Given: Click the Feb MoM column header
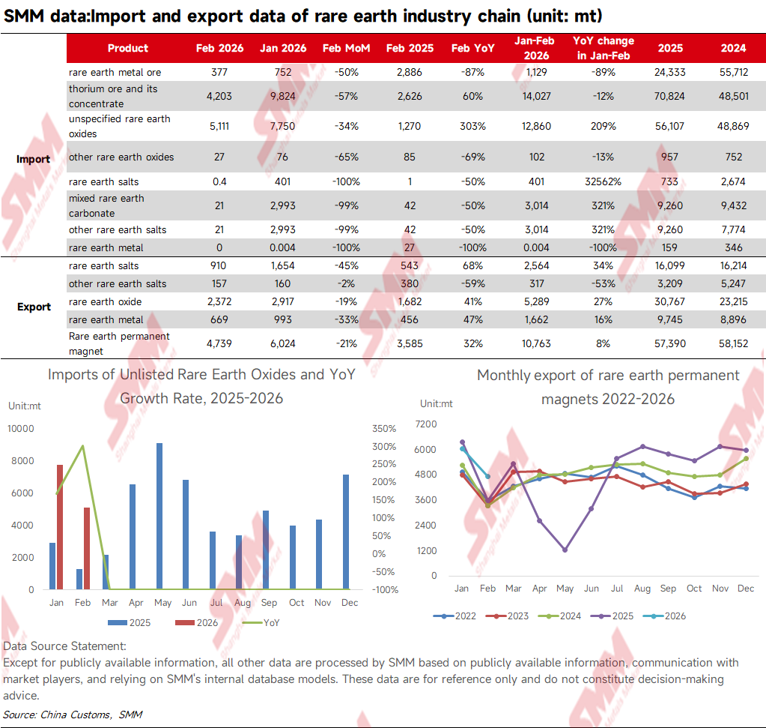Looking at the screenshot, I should click(341, 48).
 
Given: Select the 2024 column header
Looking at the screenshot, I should click(733, 48).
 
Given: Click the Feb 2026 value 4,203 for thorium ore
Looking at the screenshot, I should click(219, 96).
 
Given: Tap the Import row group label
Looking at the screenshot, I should click(34, 159).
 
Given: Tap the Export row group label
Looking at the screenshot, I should click(34, 307).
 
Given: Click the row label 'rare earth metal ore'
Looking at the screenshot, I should click(115, 72).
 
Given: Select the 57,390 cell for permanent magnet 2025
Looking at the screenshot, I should click(669, 343).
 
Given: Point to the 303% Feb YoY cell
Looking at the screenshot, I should click(472, 126).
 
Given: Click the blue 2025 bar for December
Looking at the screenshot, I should click(345, 532).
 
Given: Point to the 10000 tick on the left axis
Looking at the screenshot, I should click(21, 429).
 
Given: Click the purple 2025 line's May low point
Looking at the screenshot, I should click(565, 550).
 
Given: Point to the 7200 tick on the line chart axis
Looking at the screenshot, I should click(425, 424).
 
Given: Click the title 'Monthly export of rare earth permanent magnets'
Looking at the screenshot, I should click(608, 386).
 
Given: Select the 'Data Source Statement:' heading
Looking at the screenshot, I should click(64, 646).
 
